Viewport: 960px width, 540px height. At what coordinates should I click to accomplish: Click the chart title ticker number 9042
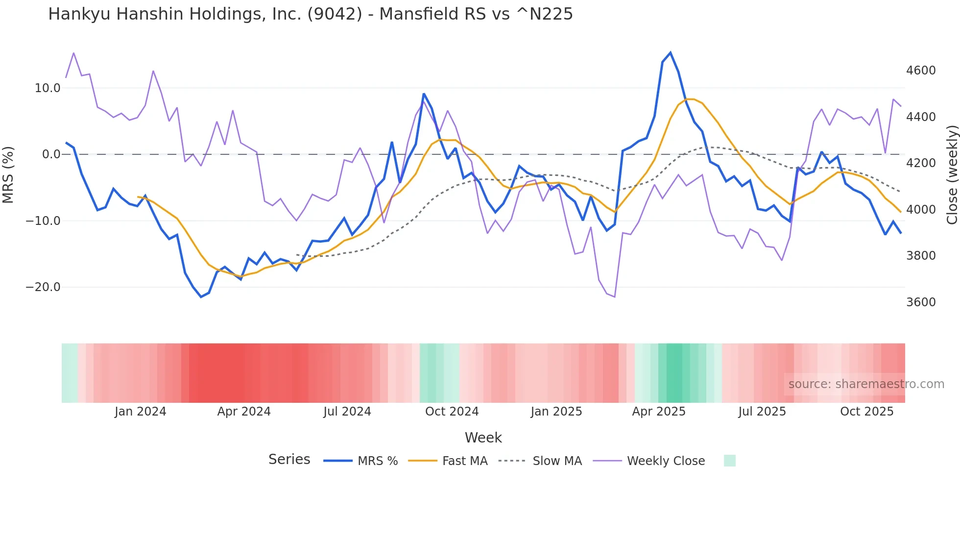coord(335,14)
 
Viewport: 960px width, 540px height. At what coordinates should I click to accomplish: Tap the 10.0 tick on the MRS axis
coord(47,88)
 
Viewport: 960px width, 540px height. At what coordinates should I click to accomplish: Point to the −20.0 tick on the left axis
coord(43,287)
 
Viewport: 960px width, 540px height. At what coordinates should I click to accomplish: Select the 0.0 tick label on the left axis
coord(51,154)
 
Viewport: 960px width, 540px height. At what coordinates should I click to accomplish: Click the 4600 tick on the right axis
coord(921,71)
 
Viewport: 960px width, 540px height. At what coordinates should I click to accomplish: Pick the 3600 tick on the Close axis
coord(921,302)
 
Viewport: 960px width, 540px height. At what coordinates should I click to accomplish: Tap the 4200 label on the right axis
coord(921,163)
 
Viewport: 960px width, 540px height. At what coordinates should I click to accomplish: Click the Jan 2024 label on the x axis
coord(140,412)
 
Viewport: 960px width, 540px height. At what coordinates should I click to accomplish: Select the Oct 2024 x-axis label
coord(452,412)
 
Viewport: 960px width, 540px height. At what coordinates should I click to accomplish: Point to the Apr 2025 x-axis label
coord(659,412)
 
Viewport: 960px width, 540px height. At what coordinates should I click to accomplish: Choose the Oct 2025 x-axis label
coord(866,412)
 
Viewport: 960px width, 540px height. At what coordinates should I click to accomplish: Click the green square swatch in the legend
coord(729,461)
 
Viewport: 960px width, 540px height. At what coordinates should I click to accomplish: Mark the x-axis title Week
coord(483,438)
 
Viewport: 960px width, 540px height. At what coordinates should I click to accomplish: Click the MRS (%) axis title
coord(8,174)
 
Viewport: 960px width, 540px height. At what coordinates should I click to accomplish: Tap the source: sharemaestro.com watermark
coord(866,384)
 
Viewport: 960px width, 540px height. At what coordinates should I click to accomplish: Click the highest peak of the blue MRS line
coord(671,52)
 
